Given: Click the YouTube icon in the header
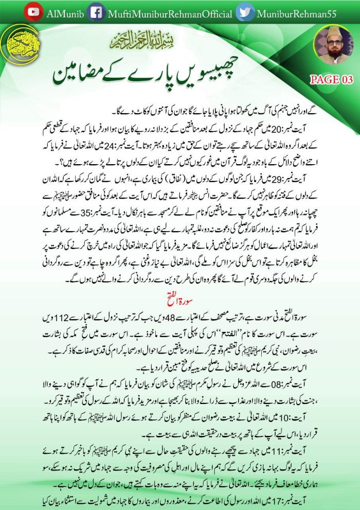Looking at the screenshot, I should coord(33,11).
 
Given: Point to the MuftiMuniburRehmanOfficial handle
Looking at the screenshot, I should coord(170,12).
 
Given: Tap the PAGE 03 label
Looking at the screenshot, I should coord(331,79).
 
